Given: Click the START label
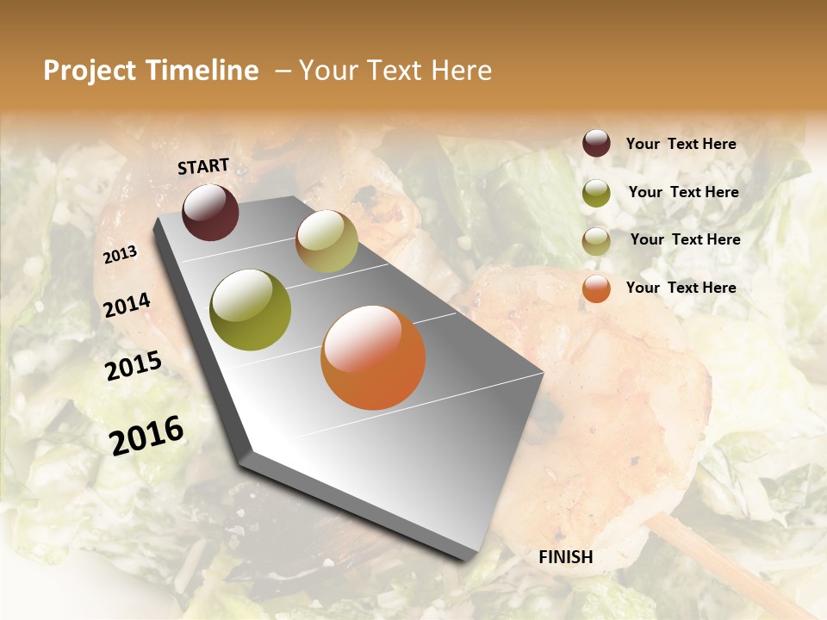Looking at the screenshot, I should pos(203,166).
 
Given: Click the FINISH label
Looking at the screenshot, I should pos(566,557).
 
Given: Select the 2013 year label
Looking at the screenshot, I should pos(120,254).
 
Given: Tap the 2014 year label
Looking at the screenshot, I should pos(127,305).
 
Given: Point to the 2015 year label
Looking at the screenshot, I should pos(133,366).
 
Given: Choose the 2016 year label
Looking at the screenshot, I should pos(146,435).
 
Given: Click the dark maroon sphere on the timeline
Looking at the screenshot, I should pos(210,212).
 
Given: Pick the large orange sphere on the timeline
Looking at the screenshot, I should pos(373,357).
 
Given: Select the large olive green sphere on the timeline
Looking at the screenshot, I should pos(250,310).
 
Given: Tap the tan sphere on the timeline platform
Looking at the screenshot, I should pos(326,241).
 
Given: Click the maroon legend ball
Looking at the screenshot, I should pos(596,143).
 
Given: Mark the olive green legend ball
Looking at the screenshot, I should pos(596,192).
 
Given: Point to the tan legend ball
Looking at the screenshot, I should pos(596,240).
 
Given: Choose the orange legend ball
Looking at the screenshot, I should pos(596,288).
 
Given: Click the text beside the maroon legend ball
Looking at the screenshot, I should pos(681,144).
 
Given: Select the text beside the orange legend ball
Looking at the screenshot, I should pos(681,288).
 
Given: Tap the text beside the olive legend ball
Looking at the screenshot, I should pos(683,192).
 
